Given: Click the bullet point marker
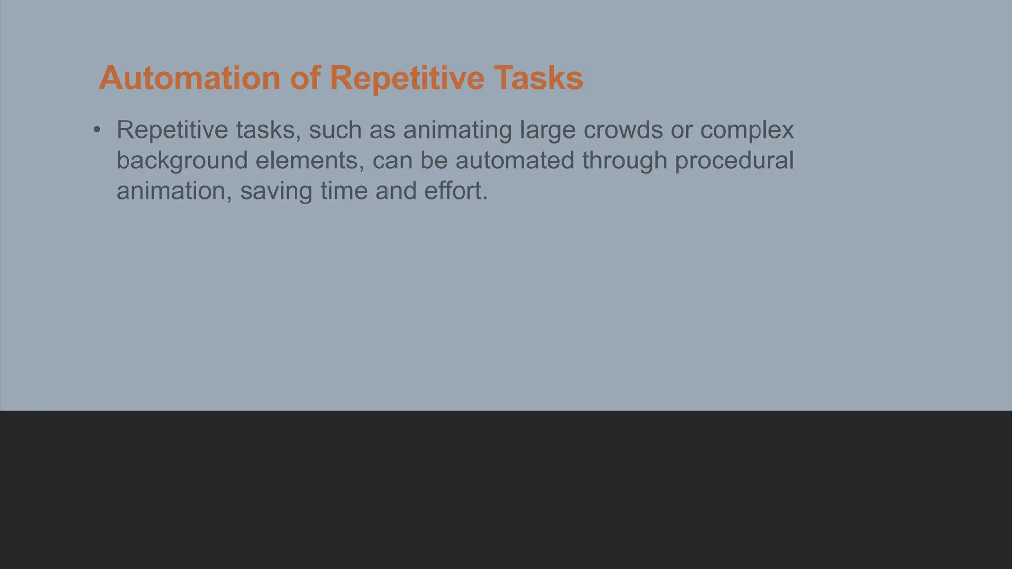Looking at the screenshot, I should click(x=97, y=130).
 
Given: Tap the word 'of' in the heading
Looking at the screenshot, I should click(x=305, y=78).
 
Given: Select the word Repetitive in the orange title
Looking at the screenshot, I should click(x=407, y=78).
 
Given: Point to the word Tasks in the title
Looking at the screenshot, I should click(x=538, y=78).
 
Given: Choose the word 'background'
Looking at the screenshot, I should click(x=182, y=161).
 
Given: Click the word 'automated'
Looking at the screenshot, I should click(x=514, y=161).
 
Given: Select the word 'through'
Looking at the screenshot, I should click(x=624, y=161).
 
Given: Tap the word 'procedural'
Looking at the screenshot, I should click(x=734, y=161).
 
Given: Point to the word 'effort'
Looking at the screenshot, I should click(x=455, y=191).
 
